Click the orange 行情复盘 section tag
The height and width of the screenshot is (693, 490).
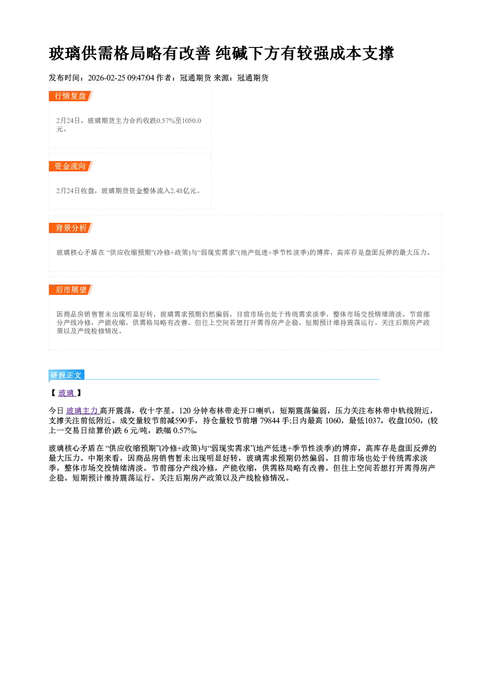pos(71,96)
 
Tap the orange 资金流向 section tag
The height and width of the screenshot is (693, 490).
pos(71,166)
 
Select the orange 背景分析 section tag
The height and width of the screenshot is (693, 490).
pos(71,228)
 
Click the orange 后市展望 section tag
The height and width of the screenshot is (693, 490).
pos(71,289)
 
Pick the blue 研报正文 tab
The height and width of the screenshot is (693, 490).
pos(66,375)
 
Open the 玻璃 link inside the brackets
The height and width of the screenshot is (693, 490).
pos(67,393)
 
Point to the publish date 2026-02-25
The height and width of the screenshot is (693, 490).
pos(106,78)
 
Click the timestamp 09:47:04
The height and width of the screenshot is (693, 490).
pos(141,78)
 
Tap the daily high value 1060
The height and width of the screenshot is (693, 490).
pos(333,420)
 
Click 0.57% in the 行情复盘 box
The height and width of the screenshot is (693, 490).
pos(166,121)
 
